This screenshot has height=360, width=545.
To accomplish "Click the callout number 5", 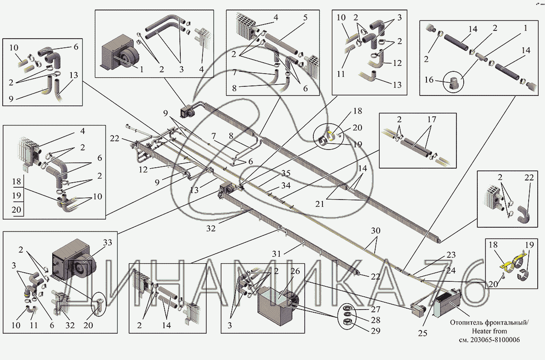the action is tap(305, 18).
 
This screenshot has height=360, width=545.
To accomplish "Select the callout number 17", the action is tap(431, 120).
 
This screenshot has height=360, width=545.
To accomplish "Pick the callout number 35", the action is tap(285, 173).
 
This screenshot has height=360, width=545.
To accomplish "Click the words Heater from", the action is tap(489, 331).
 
